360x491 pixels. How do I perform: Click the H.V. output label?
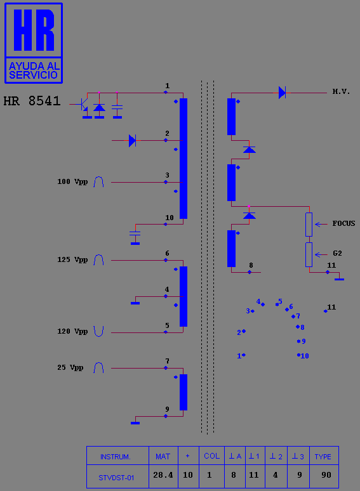click(341, 92)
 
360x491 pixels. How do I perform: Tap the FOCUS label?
click(343, 223)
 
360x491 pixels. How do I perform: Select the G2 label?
click(337, 253)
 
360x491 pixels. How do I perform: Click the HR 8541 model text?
click(32, 101)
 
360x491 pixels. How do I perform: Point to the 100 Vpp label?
click(72, 182)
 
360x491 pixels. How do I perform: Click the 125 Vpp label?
click(72, 260)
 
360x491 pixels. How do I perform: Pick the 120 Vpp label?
click(72, 331)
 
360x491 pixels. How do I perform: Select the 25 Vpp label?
click(70, 367)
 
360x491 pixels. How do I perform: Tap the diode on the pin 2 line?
click(132, 141)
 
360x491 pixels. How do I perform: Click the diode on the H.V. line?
click(282, 93)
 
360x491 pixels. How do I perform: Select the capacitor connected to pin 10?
click(135, 233)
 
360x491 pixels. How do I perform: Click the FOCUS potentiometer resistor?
click(309, 225)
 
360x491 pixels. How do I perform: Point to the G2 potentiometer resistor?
click(309, 254)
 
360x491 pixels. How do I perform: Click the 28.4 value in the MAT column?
click(163, 475)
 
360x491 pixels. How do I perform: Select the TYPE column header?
click(323, 457)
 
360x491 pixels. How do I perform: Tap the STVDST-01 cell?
click(116, 478)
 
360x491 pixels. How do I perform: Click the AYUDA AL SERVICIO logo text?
click(34, 70)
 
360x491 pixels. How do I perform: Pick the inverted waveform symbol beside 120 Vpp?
click(98, 331)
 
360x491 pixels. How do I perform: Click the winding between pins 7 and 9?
click(183, 392)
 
